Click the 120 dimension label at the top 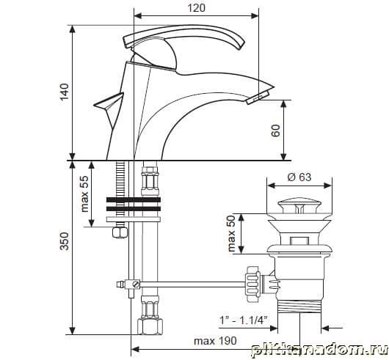196,8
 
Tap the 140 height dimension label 65,92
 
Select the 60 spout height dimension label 276,131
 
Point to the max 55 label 85,194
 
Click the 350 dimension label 65,241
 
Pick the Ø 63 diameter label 299,177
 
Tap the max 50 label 231,233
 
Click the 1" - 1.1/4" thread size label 244,320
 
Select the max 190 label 215,341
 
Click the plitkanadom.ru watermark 319,350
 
